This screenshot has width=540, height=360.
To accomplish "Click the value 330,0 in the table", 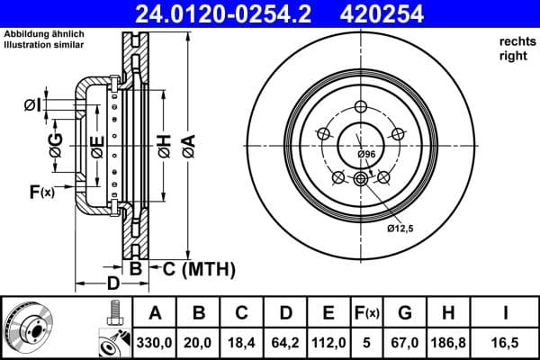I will pos(155,342).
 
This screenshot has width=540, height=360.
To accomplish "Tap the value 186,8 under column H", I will pos(448,342).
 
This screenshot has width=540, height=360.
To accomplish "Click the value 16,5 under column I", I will pos(508,342).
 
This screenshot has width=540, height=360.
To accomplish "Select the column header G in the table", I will pos(404,313).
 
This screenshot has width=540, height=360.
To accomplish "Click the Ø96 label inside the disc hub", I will pos(366,155).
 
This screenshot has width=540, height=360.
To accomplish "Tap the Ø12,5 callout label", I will pos(400,229).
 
